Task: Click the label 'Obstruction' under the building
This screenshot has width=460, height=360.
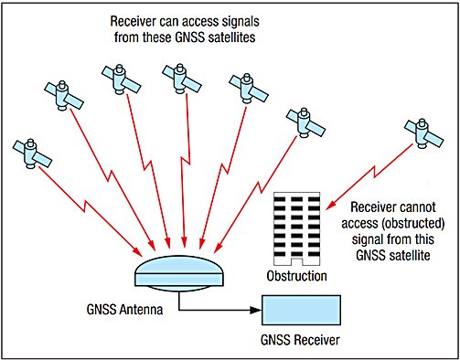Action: tap(295, 275)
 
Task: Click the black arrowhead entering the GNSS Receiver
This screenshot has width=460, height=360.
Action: tap(256, 315)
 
